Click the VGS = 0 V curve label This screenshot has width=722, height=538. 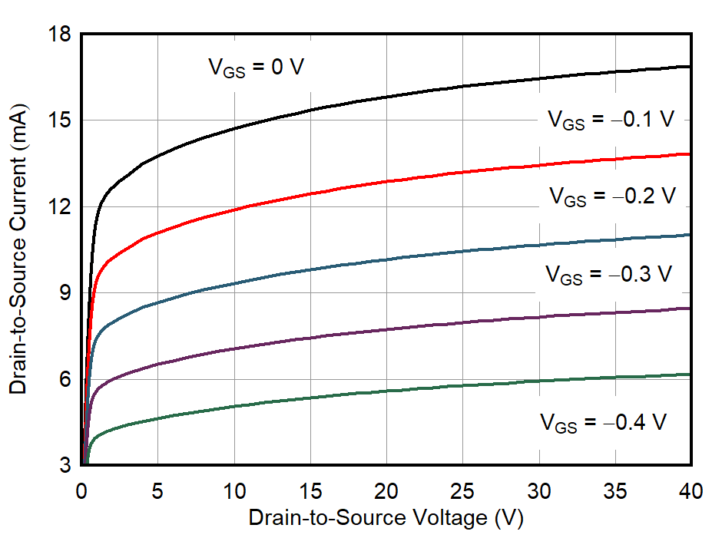pyautogui.click(x=257, y=68)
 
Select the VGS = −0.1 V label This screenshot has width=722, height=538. pyautogui.click(x=611, y=120)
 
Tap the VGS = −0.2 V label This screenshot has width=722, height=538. pyautogui.click(x=612, y=196)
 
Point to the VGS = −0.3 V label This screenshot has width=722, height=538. pyautogui.click(x=608, y=274)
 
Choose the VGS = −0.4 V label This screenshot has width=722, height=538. pyautogui.click(x=603, y=423)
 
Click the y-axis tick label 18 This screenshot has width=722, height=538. pyautogui.click(x=60, y=35)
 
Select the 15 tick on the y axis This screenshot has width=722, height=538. pyautogui.click(x=60, y=120)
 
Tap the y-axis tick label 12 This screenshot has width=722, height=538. pyautogui.click(x=60, y=207)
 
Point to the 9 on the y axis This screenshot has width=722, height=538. pyautogui.click(x=65, y=293)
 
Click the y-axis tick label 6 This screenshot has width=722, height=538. pyautogui.click(x=65, y=380)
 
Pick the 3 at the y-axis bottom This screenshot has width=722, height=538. pyautogui.click(x=65, y=466)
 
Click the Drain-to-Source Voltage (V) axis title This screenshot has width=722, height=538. pyautogui.click(x=386, y=519)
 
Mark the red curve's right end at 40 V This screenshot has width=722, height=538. pyautogui.click(x=690, y=154)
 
